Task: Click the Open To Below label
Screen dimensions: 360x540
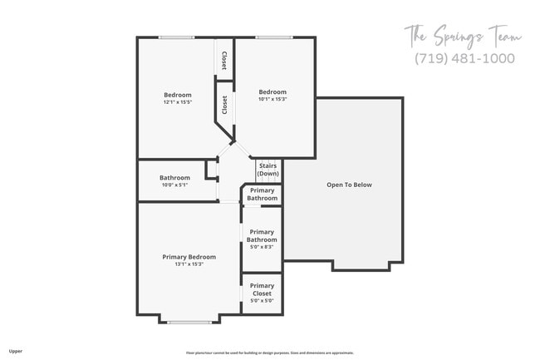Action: [349, 185]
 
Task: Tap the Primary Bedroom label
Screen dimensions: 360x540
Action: [189, 257]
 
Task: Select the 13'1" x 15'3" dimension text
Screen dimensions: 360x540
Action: [189, 264]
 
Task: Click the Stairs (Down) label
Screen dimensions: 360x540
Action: [268, 170]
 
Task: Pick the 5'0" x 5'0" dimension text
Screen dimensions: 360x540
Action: [262, 300]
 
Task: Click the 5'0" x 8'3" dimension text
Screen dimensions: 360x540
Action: [262, 247]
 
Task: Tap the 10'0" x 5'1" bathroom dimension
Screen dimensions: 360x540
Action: [174, 185]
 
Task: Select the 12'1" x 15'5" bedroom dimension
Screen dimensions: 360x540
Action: [177, 102]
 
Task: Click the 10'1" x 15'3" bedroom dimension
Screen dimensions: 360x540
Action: [272, 100]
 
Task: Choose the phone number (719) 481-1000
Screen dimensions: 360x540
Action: [464, 58]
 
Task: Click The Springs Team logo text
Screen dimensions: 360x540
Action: [463, 37]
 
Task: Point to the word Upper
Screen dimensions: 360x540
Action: [16, 352]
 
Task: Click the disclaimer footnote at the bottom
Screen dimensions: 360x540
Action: [269, 353]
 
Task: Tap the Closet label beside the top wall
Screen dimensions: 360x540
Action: [224, 60]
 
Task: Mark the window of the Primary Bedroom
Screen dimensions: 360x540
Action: [189, 322]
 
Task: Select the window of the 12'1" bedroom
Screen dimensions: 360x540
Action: [177, 37]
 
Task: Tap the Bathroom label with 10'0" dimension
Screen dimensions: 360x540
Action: [174, 177]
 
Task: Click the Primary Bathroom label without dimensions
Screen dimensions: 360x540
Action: [262, 195]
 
